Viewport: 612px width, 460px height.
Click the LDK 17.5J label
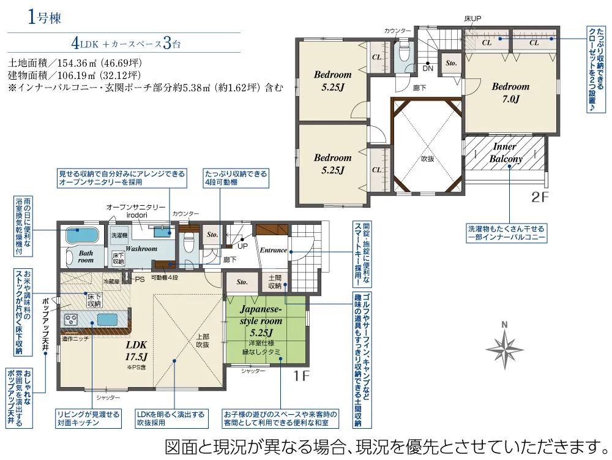coord(136,350)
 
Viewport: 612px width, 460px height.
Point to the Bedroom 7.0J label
coord(510,92)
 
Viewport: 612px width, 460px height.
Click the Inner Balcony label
coord(506,153)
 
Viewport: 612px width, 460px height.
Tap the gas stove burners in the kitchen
coord(70,319)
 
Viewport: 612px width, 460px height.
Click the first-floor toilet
coord(189,242)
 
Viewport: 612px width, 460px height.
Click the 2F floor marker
coord(540,197)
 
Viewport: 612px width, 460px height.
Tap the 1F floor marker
coord(301,376)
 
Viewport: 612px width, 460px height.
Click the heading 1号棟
coord(44,18)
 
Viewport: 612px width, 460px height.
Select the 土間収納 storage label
coord(275,282)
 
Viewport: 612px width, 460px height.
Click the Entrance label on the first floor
coord(273,250)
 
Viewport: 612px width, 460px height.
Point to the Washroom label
coord(141,248)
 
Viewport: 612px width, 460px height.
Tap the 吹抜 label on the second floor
coord(427,159)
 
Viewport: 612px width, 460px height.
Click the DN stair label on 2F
coord(428,69)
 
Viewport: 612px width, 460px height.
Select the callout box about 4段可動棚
coord(236,178)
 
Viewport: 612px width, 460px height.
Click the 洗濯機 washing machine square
coord(119,235)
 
